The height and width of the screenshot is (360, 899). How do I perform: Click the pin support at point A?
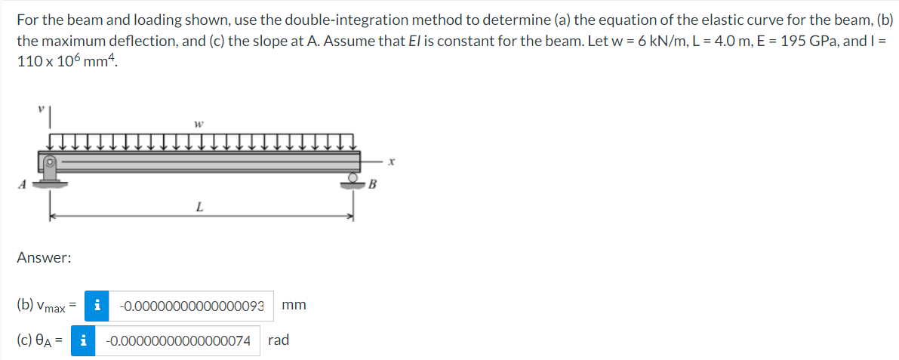tap(50, 171)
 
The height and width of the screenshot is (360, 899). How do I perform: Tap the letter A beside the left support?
tap(23, 185)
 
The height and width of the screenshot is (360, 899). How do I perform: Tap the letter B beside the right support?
tap(372, 185)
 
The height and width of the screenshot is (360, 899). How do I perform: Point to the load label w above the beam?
tap(198, 124)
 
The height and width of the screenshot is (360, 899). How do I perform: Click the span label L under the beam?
tap(199, 208)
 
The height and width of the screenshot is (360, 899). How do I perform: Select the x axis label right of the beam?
tap(391, 164)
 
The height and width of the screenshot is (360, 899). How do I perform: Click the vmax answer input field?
tap(192, 306)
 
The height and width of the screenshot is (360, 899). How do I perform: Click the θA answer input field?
tap(177, 340)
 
